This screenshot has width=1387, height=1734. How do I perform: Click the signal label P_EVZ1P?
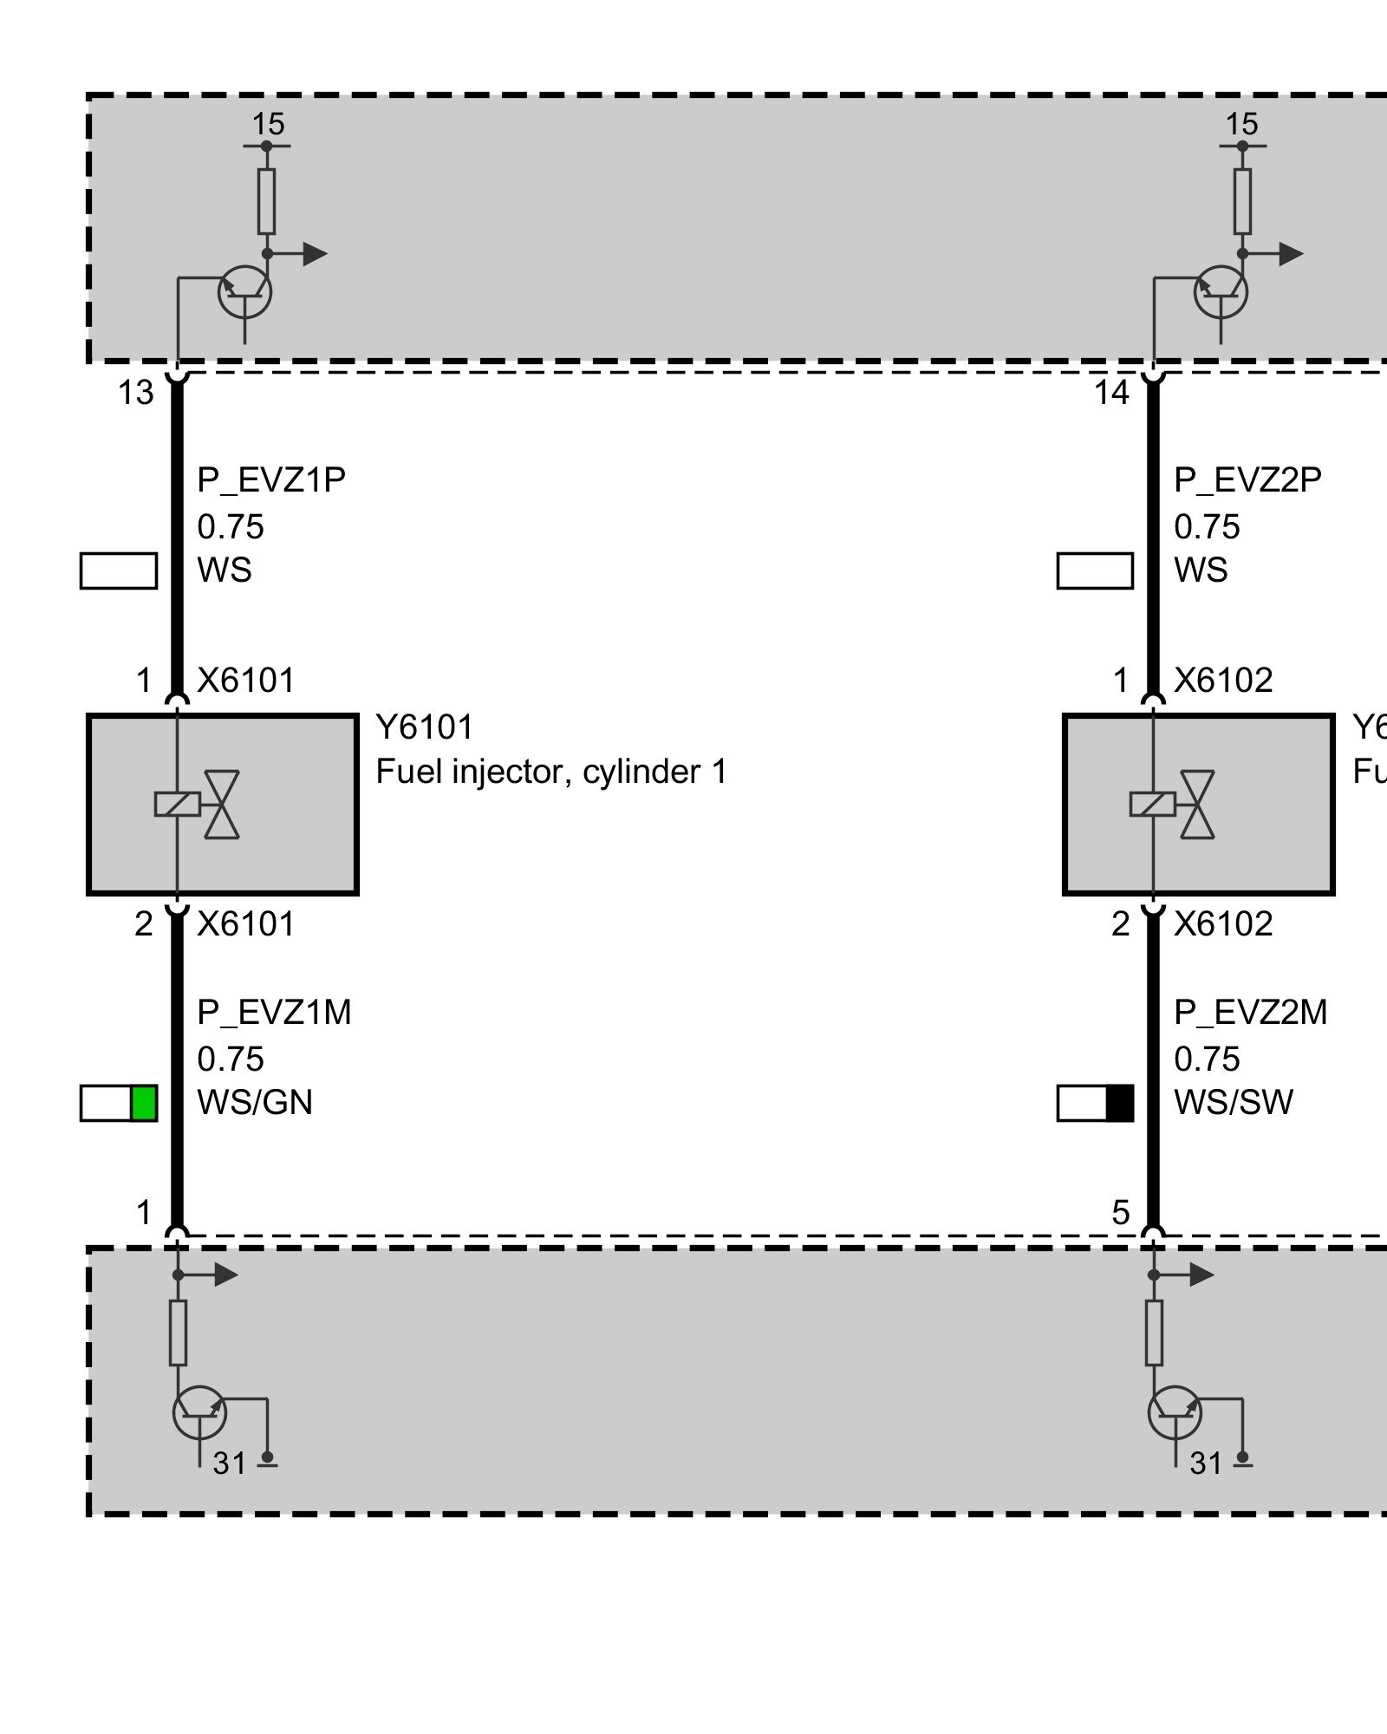[x=271, y=479]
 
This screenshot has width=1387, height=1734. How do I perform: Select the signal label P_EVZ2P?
[x=1247, y=479]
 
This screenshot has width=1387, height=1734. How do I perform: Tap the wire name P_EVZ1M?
[x=274, y=1012]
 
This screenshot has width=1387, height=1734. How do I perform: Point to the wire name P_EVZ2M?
[x=1250, y=1012]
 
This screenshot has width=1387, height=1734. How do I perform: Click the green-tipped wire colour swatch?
[x=119, y=1103]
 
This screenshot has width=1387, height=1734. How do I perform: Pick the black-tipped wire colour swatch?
[x=1095, y=1103]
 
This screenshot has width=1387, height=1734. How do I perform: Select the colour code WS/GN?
[x=255, y=1103]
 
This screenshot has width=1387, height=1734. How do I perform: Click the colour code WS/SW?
[x=1233, y=1103]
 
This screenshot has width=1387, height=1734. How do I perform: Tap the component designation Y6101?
[x=425, y=727]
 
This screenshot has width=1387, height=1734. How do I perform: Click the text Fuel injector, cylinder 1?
[x=551, y=772]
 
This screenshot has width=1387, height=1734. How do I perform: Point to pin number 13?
[x=135, y=394]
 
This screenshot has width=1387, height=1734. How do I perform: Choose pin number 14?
[x=1111, y=394]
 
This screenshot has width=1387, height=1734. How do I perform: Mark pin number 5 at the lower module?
[x=1120, y=1213]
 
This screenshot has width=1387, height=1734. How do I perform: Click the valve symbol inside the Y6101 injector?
[x=222, y=805]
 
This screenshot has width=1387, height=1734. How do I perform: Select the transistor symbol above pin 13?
[x=244, y=293]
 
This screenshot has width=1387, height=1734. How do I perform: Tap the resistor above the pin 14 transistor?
[x=1242, y=201]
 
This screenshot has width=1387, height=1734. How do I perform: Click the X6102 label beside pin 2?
[x=1223, y=924]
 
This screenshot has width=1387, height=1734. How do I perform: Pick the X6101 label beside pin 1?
[x=246, y=681]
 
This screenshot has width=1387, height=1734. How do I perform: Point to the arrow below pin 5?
[x=1200, y=1274]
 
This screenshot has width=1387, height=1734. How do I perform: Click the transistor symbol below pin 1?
[x=200, y=1412]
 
